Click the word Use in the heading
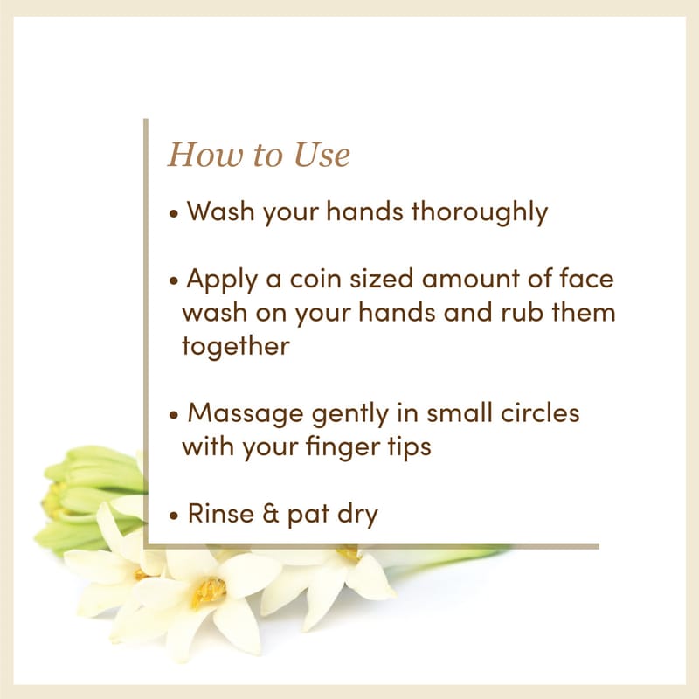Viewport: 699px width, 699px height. [x=322, y=156]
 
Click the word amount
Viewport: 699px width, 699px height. [x=470, y=280]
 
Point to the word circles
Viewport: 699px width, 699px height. [x=540, y=412]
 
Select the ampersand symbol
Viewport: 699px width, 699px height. [x=271, y=514]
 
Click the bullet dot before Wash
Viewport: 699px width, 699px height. [x=174, y=213]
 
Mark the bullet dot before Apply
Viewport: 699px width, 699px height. [x=174, y=280]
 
